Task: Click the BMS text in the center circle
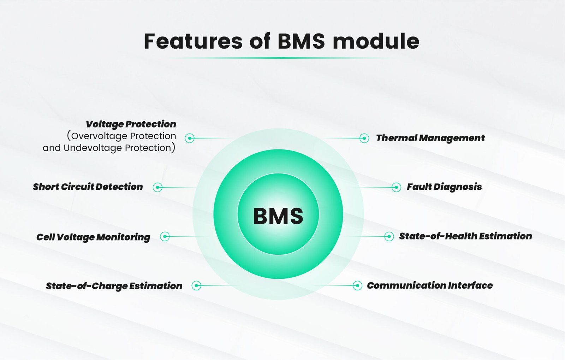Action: click(x=278, y=216)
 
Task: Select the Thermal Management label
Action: click(x=430, y=138)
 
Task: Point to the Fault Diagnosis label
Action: click(x=444, y=187)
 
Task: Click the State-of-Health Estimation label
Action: click(x=466, y=236)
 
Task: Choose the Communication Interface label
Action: click(x=430, y=285)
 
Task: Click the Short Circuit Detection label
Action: click(x=88, y=187)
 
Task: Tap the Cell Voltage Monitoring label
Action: click(x=93, y=237)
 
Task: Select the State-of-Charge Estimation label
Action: click(x=114, y=286)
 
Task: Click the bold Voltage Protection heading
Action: click(x=131, y=124)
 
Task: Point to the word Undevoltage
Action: click(x=93, y=148)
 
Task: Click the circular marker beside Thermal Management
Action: click(x=364, y=138)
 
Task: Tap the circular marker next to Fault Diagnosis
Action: click(x=396, y=187)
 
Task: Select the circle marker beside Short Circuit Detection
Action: click(x=157, y=187)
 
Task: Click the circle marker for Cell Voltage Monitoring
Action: click(x=165, y=236)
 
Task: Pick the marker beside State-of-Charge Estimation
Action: click(x=196, y=285)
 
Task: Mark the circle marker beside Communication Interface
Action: click(x=357, y=285)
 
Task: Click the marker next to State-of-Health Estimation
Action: click(x=389, y=236)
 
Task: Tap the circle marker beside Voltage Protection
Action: click(x=190, y=138)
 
